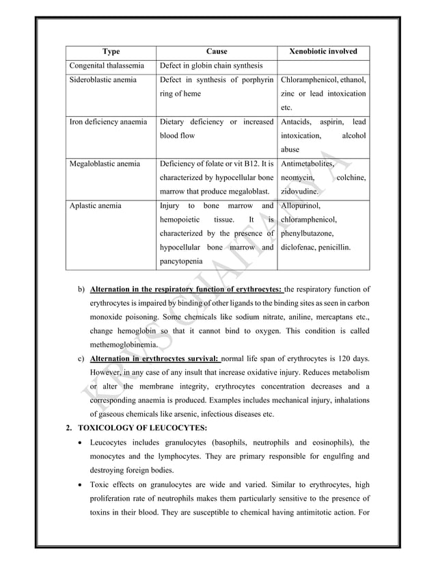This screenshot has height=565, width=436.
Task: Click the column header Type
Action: (x=111, y=51)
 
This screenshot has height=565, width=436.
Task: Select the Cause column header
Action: (x=217, y=51)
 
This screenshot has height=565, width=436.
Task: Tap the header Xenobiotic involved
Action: (x=323, y=51)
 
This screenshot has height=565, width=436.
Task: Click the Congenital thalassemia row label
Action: (x=105, y=66)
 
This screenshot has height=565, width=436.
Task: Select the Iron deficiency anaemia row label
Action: (x=108, y=122)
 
